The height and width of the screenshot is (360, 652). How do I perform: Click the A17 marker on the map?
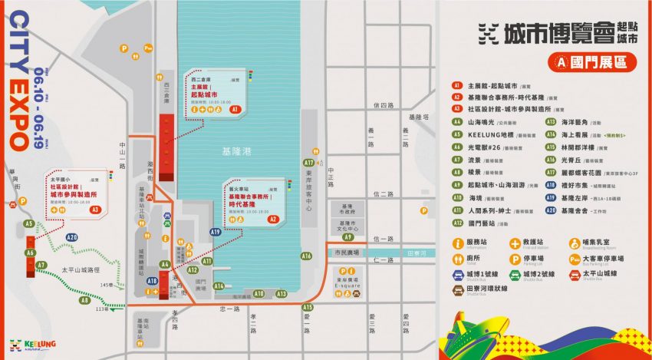[308, 163]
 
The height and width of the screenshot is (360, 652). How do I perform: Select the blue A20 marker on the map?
[72, 238]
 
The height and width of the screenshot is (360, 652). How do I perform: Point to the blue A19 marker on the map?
[216, 232]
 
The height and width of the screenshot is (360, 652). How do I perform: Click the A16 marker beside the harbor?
[306, 256]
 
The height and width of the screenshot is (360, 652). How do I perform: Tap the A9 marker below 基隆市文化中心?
[348, 237]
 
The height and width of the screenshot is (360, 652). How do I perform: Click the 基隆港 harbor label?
[239, 152]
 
